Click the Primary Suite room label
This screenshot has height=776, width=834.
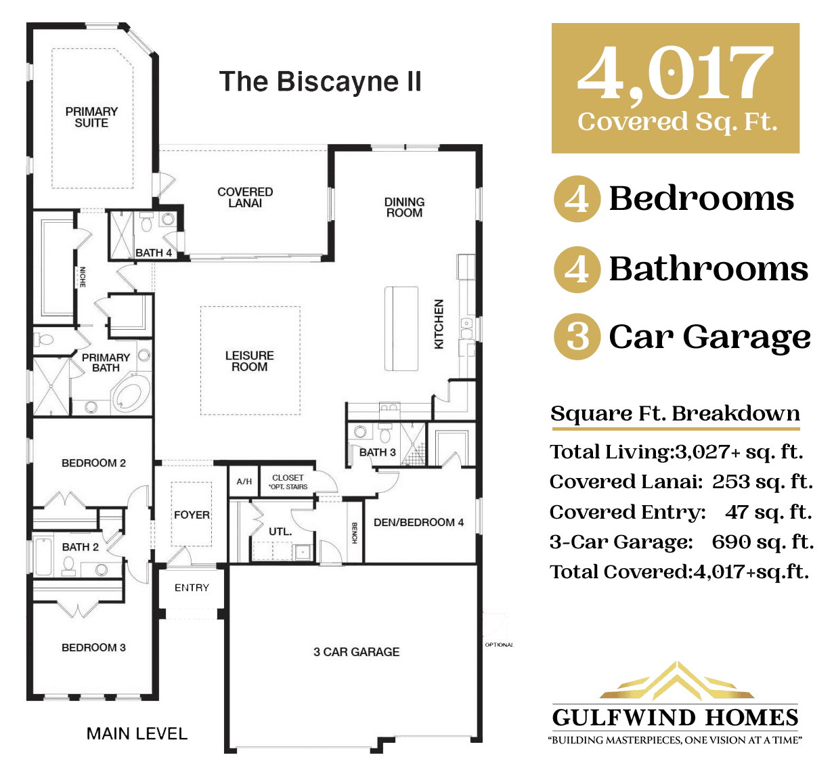91,117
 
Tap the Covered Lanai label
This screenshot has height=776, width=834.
245,197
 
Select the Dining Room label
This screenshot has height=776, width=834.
404,207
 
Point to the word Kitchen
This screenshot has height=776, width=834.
439,324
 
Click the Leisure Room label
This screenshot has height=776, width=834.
250,361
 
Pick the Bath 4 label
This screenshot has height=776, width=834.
154,253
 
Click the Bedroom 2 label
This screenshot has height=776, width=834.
93,463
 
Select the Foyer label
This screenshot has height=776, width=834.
192,515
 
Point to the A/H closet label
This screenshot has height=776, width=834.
244,481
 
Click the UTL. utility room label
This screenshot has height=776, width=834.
280,532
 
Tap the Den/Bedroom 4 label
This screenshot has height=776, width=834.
418,522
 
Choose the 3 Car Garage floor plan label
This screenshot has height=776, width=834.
356,651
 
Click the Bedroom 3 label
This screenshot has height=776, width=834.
93,647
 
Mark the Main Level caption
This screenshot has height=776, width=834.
137,733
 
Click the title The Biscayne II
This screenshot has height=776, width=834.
321,82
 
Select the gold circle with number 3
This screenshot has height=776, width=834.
577,337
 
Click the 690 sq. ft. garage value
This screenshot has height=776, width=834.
762,542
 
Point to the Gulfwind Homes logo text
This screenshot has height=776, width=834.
675,718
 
